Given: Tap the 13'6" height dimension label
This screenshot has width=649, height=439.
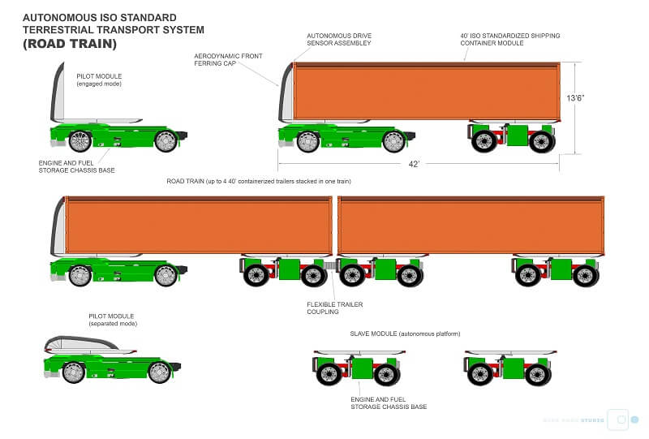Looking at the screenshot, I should [577, 97].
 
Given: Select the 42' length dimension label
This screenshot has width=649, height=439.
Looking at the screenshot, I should [413, 164].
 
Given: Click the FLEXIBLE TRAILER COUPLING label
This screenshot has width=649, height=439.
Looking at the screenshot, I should [334, 309].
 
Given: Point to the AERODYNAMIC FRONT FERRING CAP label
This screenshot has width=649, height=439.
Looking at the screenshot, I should [227, 60].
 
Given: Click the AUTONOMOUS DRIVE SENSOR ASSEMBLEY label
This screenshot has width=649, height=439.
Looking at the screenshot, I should [338, 39].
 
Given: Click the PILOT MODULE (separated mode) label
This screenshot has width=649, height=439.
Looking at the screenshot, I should [112, 320].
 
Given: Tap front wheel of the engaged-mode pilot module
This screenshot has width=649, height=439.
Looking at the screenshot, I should [80, 141].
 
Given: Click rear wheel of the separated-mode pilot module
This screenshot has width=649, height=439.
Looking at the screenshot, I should [160, 372].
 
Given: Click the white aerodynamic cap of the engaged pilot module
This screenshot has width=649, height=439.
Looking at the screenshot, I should [57, 93].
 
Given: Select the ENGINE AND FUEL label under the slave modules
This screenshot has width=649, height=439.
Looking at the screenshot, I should [388, 402].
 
